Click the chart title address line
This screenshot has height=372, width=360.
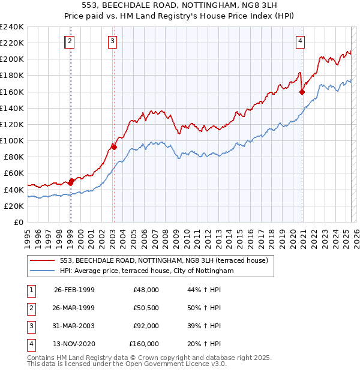pos(180,5)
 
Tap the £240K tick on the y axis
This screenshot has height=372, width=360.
pos(12,27)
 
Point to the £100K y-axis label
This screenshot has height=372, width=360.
pos(12,140)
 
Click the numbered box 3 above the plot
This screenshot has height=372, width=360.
pos(113,41)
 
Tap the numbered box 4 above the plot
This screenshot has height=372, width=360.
pos(300,41)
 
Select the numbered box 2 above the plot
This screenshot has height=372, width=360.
pos(70,41)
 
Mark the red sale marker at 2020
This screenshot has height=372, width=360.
pos(302,92)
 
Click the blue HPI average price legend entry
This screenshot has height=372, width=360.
pos(146,271)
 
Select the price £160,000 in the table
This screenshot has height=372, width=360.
pos(144,344)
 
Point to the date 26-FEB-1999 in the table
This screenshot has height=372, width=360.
pos(74,290)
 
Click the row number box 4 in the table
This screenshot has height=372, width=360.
pos(29,344)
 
